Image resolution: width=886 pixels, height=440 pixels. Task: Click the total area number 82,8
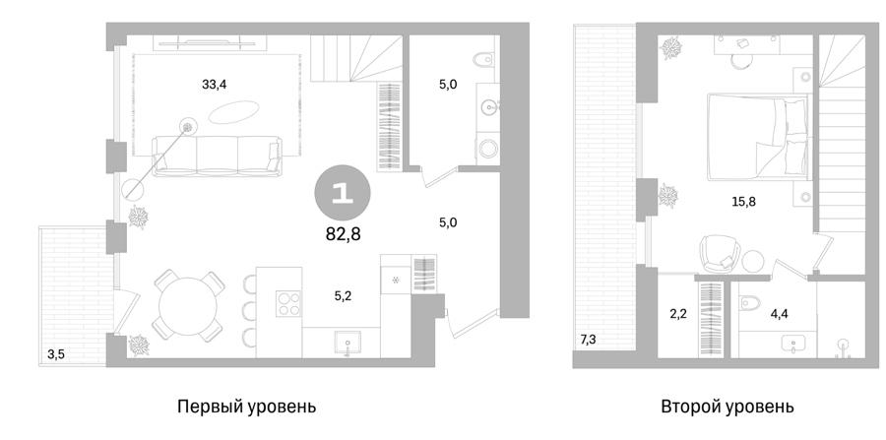click(343, 233)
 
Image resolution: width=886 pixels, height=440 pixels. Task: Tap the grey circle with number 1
click(343, 194)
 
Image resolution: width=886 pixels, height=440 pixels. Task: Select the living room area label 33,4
click(215, 85)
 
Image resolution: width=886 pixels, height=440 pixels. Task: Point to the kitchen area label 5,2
click(342, 296)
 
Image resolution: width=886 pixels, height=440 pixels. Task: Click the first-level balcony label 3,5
click(55, 355)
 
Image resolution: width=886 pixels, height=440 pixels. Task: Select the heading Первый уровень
click(247, 407)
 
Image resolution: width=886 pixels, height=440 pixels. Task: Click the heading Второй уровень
click(728, 407)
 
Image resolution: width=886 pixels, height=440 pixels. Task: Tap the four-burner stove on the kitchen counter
click(288, 303)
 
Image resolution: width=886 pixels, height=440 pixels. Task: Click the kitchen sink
click(348, 344)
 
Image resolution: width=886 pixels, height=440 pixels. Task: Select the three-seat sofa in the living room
click(217, 156)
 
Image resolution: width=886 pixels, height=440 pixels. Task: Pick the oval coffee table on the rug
click(234, 111)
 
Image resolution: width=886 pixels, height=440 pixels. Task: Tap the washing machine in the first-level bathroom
click(487, 149)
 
